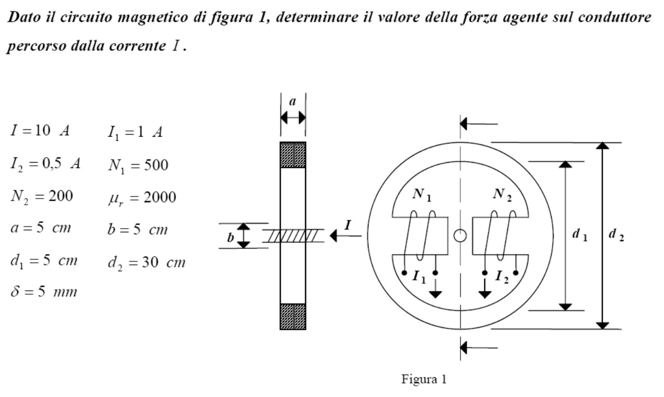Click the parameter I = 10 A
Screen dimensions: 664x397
(40, 130)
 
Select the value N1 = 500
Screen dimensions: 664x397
(138, 165)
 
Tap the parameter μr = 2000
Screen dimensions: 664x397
(142, 197)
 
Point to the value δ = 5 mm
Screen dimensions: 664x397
(44, 292)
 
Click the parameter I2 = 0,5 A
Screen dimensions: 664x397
(45, 164)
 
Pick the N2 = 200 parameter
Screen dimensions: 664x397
(42, 196)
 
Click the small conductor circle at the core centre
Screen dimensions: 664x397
(460, 236)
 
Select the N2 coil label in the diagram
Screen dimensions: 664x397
(503, 195)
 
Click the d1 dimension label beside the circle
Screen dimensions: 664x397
(580, 235)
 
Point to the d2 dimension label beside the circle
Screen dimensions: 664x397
(616, 235)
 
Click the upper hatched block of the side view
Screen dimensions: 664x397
(293, 155)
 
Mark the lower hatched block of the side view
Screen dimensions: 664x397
(293, 316)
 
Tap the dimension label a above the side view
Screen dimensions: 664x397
(292, 101)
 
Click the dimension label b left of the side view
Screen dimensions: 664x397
(231, 237)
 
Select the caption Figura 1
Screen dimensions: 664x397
(424, 379)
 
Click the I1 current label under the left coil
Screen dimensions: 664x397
(419, 277)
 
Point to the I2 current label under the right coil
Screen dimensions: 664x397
(502, 277)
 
